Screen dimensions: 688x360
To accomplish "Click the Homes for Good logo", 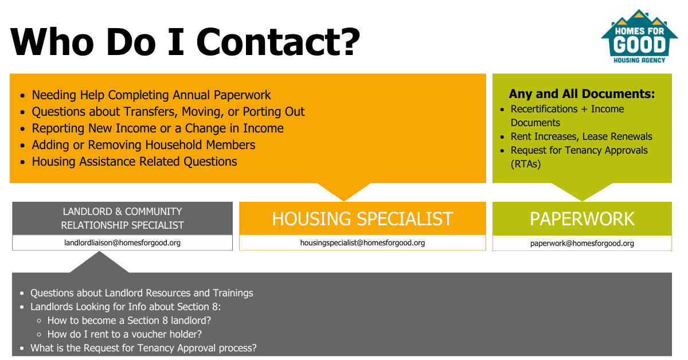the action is click(639, 36).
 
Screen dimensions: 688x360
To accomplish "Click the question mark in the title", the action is click(351, 42).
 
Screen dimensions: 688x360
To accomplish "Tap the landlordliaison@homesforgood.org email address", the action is click(122, 242).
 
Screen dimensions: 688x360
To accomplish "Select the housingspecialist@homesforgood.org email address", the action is click(362, 242).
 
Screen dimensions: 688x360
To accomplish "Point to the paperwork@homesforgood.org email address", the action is click(582, 243).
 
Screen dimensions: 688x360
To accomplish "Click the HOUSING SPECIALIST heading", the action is click(362, 219).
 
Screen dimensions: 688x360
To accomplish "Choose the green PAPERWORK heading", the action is click(582, 219).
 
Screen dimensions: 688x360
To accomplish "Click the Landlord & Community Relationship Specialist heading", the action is click(122, 218).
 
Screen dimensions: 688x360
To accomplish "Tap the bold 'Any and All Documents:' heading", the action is click(582, 93).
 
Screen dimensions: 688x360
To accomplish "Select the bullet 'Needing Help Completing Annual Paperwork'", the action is click(151, 95).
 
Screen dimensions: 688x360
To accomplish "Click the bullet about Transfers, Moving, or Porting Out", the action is click(168, 112).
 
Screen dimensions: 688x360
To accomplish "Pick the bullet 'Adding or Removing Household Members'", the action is click(143, 144).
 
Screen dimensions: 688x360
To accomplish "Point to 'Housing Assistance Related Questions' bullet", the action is click(134, 162).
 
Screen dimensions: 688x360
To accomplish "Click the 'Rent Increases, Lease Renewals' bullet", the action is click(581, 136).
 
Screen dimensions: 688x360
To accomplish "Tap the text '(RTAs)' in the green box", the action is click(526, 164).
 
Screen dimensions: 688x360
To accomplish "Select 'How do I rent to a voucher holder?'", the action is click(124, 334).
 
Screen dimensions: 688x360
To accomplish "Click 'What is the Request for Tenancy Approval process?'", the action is click(143, 348).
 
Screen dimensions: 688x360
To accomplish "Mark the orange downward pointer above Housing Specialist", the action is click(343, 191).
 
